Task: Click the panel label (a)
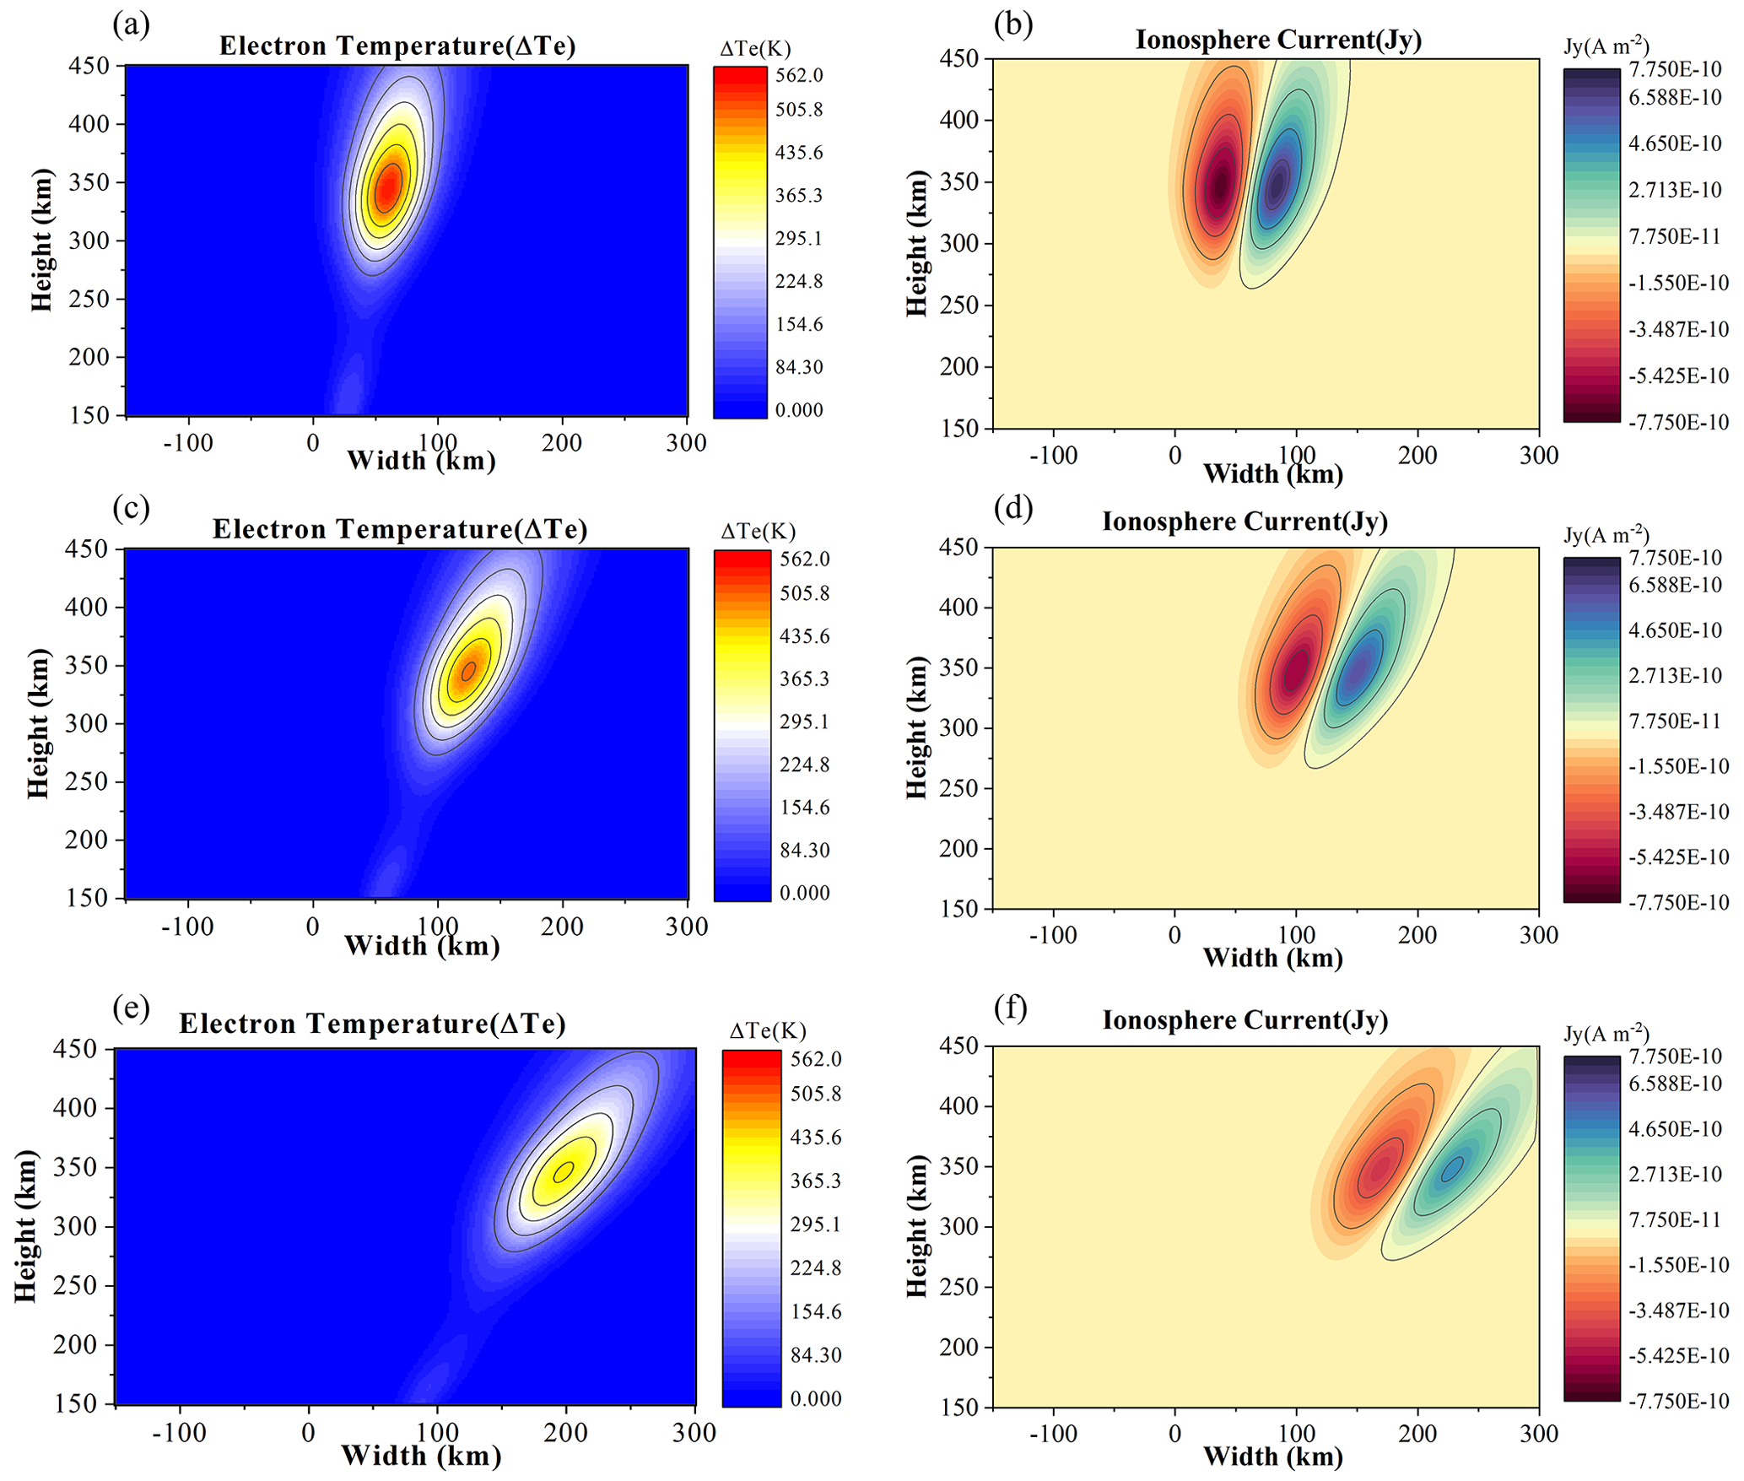pyautogui.click(x=131, y=25)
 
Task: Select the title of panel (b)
pyautogui.click(x=1278, y=40)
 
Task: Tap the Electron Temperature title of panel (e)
pyautogui.click(x=372, y=1024)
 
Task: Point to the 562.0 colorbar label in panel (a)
pyautogui.click(x=799, y=76)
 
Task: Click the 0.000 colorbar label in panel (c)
pyautogui.click(x=804, y=893)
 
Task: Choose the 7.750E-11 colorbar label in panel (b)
pyautogui.click(x=1675, y=236)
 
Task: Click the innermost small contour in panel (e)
pyautogui.click(x=564, y=1171)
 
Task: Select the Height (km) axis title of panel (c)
pyautogui.click(x=39, y=723)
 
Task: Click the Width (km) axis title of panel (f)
pyautogui.click(x=1272, y=1456)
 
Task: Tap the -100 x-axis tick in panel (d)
pyautogui.click(x=1053, y=935)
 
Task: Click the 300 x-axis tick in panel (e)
pyautogui.click(x=694, y=1433)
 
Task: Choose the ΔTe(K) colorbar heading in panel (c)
pyautogui.click(x=758, y=531)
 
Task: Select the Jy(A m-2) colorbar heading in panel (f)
pyautogui.click(x=1606, y=1034)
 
